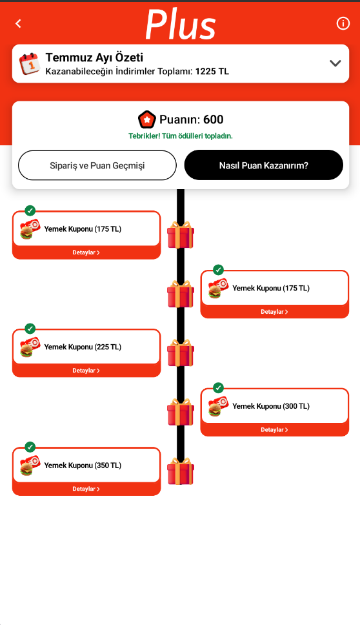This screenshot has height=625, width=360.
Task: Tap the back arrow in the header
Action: click(x=18, y=23)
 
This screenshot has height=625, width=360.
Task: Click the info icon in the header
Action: click(x=343, y=23)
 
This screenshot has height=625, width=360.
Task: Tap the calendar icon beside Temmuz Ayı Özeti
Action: click(x=30, y=64)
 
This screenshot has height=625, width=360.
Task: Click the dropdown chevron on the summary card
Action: click(x=335, y=63)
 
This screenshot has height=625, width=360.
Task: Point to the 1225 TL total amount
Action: click(x=212, y=72)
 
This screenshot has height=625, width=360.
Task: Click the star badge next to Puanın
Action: click(x=146, y=119)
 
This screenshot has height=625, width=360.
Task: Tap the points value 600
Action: click(x=213, y=119)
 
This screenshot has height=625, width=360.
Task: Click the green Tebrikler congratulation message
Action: click(x=181, y=136)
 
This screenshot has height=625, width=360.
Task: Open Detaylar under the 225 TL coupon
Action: click(x=86, y=371)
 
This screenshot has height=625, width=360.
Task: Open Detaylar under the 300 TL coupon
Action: click(x=274, y=430)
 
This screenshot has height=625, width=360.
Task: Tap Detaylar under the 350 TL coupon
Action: click(x=86, y=489)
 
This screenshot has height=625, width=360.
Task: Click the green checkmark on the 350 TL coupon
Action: click(x=30, y=447)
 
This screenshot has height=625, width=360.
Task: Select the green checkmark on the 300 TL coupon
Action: click(x=218, y=388)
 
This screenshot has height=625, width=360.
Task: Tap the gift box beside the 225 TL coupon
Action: click(x=181, y=353)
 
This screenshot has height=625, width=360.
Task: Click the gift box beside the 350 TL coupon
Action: click(x=181, y=471)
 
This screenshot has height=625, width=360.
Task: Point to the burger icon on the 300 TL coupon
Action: click(x=215, y=410)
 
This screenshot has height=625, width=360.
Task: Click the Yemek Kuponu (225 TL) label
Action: click(x=83, y=347)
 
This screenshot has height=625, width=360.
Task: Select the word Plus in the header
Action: click(x=181, y=25)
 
